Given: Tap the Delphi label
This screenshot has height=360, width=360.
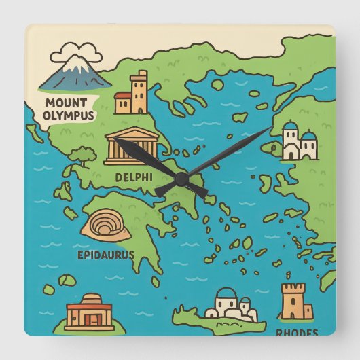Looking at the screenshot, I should pos(133,177).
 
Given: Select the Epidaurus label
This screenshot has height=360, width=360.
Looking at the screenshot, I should pos(105,255).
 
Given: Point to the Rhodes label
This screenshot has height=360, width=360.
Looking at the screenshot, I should pos(297,333).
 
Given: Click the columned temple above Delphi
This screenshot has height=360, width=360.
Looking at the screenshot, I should pos(132,146).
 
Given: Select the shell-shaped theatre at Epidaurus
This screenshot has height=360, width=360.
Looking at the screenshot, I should pos(106,225).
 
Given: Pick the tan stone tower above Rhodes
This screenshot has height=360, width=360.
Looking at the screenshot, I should pos(297,301).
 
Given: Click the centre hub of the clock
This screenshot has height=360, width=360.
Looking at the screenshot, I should pos(181,178).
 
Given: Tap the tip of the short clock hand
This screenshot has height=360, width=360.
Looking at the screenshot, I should pos(114,139).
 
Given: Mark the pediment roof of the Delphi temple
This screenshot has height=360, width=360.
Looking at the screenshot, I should pos(132,133).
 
